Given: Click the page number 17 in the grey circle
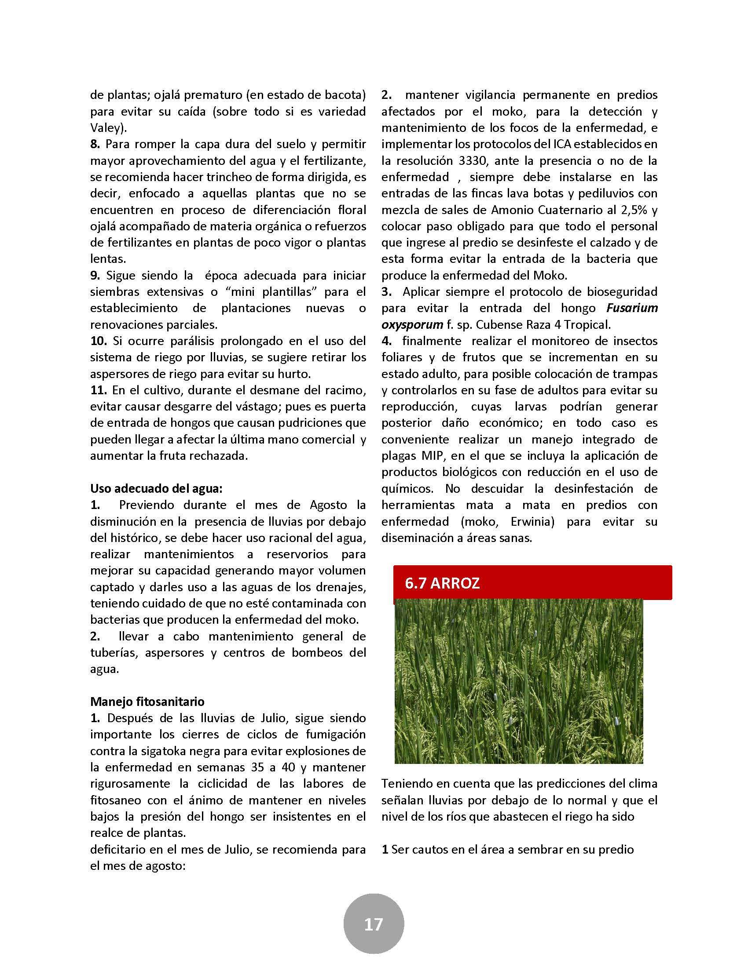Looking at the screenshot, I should pyautogui.click(x=374, y=924).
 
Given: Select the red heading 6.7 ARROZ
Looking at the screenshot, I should pyautogui.click(x=442, y=583).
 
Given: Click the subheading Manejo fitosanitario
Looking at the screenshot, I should pyautogui.click(x=147, y=702).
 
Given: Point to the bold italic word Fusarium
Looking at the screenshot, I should pyautogui.click(x=631, y=308).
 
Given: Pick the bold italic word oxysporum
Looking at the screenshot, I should pyautogui.click(x=412, y=324).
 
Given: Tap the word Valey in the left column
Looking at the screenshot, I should pyautogui.click(x=107, y=128).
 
